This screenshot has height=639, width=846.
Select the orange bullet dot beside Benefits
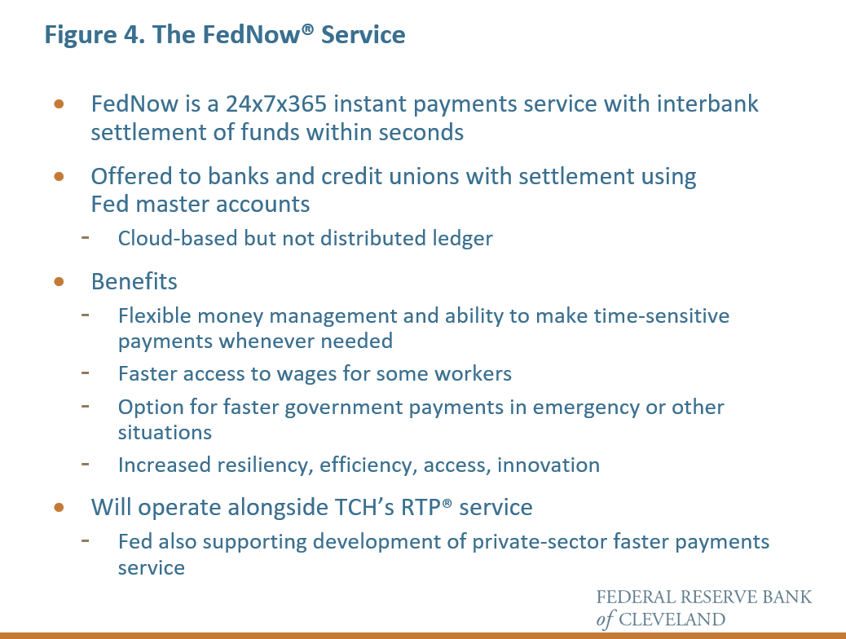tap(59, 282)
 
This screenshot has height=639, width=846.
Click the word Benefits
tap(134, 282)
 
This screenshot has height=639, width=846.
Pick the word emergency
tap(586, 407)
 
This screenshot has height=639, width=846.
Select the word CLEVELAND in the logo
tap(672, 619)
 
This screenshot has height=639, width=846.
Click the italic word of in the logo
tap(605, 619)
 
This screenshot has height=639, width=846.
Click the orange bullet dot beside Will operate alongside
tap(59, 507)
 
